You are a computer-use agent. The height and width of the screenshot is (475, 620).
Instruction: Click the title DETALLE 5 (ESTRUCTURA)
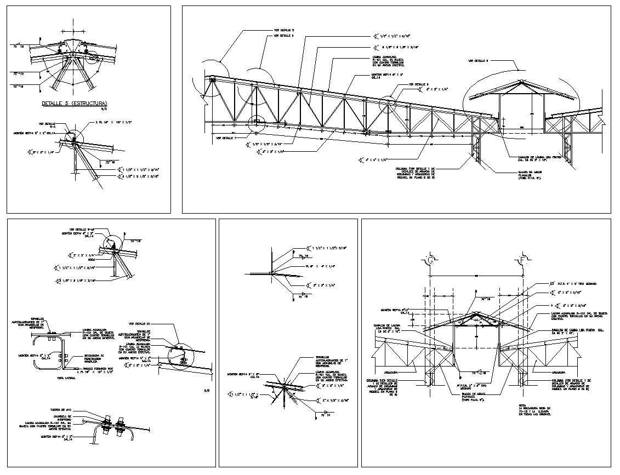click(75, 103)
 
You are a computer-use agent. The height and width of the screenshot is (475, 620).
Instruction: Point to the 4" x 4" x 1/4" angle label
click(378, 159)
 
